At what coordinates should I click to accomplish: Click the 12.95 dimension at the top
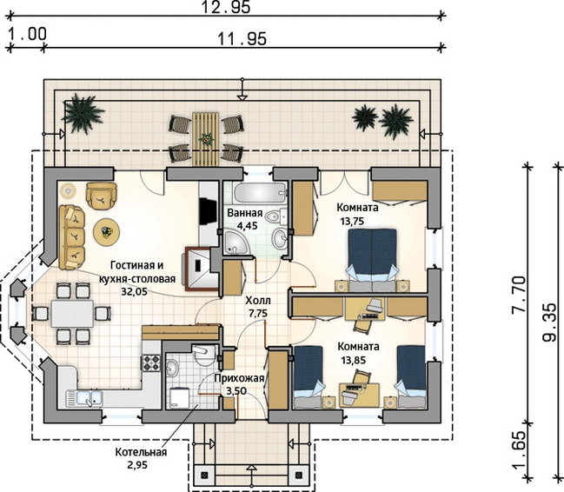coord(225,7)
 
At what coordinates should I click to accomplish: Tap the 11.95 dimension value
coord(242,38)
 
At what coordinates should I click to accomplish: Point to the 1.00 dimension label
coord(27,34)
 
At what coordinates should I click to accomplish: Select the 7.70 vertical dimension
coord(518,295)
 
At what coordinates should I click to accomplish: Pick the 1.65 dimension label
coord(518,450)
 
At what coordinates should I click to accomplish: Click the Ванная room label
coord(245,213)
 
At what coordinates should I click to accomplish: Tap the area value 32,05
coord(134,291)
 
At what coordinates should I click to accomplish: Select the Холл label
coord(258,300)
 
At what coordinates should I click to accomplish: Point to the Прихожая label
coord(239,378)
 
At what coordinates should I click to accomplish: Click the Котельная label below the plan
coord(141,452)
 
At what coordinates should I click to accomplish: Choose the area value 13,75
coord(352,221)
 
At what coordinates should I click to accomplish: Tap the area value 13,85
coord(353,360)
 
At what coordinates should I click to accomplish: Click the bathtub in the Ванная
coord(260,193)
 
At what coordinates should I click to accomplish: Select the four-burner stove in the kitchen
coord(152,362)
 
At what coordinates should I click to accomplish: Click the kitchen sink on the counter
coord(83,398)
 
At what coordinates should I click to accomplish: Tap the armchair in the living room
coord(102,196)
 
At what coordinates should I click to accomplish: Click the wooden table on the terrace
coord(206,139)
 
